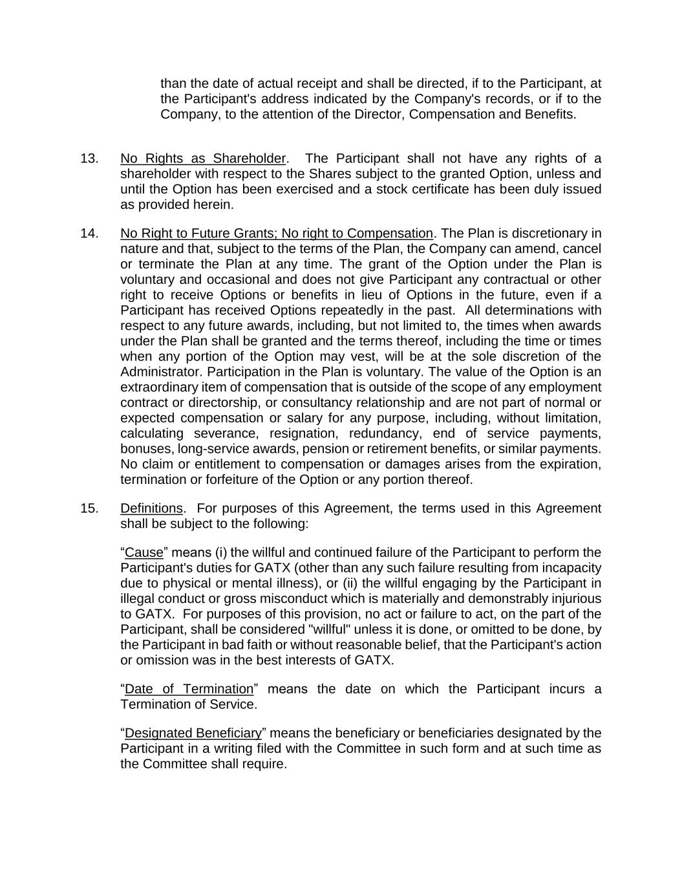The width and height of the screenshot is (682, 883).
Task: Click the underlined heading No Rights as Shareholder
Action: coord(202,158)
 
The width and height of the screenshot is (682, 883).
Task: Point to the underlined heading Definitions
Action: coord(151,508)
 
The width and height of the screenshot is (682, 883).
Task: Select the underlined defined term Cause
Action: coord(144,553)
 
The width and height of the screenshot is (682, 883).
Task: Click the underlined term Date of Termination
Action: coord(189,689)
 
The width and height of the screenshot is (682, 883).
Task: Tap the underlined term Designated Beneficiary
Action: coord(193,734)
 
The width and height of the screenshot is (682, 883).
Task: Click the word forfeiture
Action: coord(248,480)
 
